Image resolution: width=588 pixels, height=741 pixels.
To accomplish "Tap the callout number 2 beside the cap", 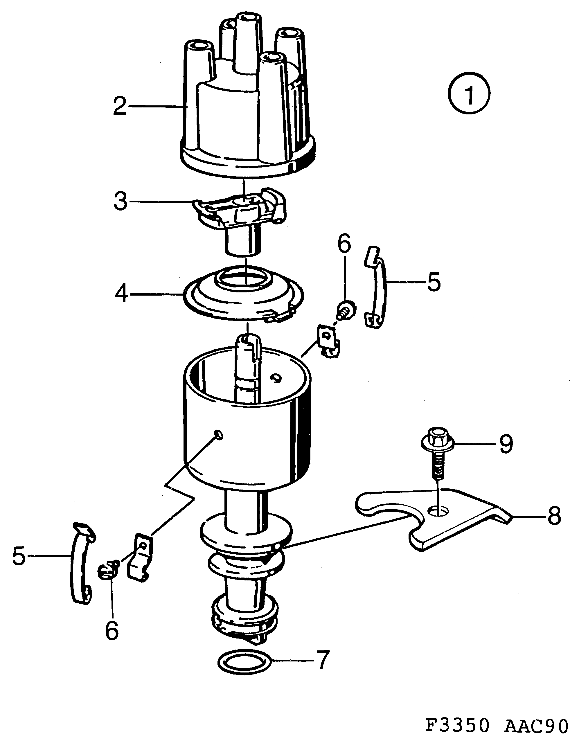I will pyautogui.click(x=120, y=106).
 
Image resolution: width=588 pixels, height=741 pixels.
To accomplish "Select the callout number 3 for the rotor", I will pyautogui.click(x=120, y=202).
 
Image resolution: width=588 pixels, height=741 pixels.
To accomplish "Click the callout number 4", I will pyautogui.click(x=121, y=294).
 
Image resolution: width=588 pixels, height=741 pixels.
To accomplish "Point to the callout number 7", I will pyautogui.click(x=322, y=660).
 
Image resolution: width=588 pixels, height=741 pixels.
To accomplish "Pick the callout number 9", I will pyautogui.click(x=506, y=444).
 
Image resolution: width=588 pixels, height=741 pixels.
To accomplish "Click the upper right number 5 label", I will pyautogui.click(x=434, y=282).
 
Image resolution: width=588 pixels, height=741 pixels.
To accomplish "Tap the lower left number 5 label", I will pyautogui.click(x=19, y=556).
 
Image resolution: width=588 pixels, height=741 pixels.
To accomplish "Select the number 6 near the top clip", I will pyautogui.click(x=344, y=243).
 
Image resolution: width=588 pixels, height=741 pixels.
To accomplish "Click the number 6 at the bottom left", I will pyautogui.click(x=112, y=630).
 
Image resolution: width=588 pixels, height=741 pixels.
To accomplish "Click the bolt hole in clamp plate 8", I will pyautogui.click(x=438, y=512).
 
